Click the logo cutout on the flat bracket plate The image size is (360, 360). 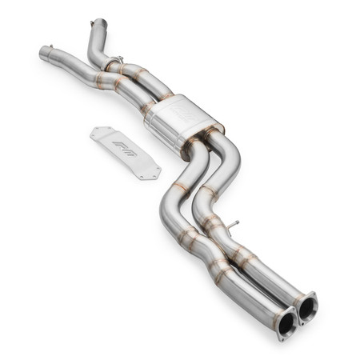pos(126,151)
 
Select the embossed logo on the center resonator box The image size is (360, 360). pos(185,115)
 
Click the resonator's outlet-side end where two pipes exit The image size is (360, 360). pos(212,134)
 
